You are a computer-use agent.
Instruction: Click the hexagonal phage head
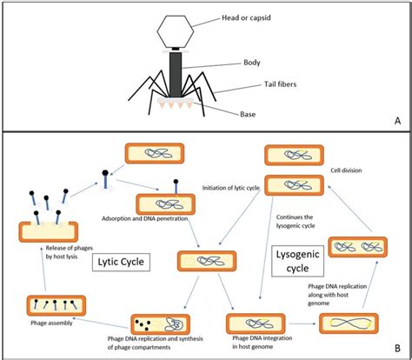click(x=176, y=31)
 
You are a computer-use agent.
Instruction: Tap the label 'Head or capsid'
click(x=246, y=17)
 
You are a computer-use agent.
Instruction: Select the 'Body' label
click(x=252, y=63)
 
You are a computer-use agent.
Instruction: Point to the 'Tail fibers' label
click(x=280, y=84)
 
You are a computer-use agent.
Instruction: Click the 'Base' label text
click(x=248, y=114)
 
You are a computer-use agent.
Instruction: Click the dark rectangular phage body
click(x=176, y=74)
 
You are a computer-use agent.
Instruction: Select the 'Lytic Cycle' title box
click(x=121, y=262)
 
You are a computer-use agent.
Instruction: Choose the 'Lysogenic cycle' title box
click(x=297, y=261)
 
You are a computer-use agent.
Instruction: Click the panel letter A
click(x=397, y=121)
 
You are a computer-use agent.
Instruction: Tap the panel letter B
click(x=397, y=348)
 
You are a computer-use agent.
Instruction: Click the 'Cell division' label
click(x=346, y=170)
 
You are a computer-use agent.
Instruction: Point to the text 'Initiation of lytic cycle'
click(x=230, y=188)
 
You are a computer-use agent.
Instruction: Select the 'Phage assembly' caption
click(x=51, y=323)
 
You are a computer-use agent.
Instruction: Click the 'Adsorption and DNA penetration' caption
click(x=145, y=218)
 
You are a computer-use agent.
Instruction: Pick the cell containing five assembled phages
click(x=56, y=305)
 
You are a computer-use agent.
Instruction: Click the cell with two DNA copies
click(x=358, y=247)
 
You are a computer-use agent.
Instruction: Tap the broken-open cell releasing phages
click(x=49, y=231)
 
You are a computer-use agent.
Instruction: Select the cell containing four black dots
click(x=161, y=324)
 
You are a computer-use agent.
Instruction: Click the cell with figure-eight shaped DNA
click(x=349, y=323)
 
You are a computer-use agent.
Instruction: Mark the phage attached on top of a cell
click(x=176, y=187)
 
